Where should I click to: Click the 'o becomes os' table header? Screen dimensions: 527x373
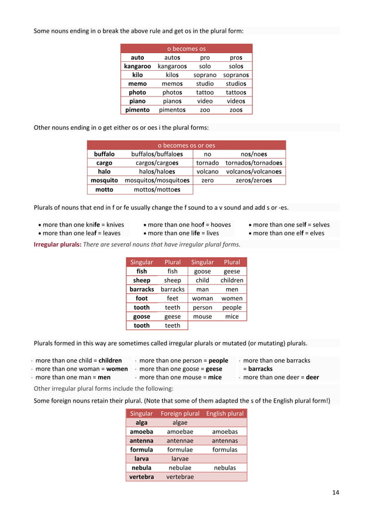[186, 49]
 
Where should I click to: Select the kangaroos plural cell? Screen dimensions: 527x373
[171, 67]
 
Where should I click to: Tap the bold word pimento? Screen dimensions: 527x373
[137, 109]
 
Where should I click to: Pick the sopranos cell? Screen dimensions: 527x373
[236, 75]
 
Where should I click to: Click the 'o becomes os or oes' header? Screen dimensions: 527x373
[186, 145]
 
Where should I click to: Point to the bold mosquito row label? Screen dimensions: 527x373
[104, 181]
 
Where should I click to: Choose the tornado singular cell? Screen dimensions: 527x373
[208, 163]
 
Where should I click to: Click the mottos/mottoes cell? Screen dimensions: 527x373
[157, 190]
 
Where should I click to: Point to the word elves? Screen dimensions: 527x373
[317, 233]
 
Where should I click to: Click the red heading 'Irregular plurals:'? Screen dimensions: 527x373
[57, 244]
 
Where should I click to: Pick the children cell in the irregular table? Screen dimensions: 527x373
[232, 280]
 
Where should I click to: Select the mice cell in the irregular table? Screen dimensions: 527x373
[232, 316]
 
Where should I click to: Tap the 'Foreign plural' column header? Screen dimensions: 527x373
[179, 414]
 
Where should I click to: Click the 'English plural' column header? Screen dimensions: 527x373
[225, 414]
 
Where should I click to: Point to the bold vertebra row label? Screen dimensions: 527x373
[141, 477]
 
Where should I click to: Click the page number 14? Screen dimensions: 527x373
[335, 493]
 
